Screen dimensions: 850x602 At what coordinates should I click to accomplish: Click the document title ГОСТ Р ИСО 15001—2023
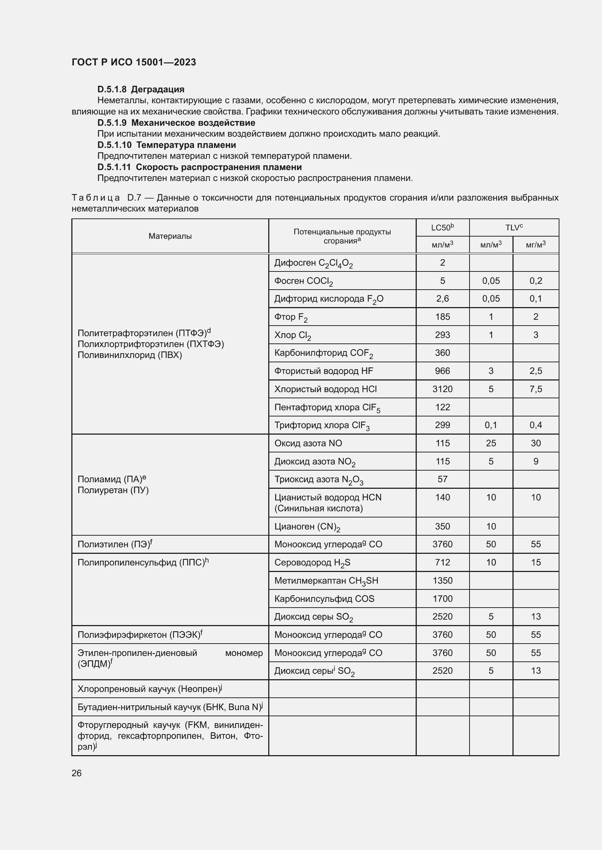[134, 62]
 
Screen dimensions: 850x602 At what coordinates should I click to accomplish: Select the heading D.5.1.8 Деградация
[141, 89]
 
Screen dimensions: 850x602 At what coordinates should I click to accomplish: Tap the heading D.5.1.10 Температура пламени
[167, 145]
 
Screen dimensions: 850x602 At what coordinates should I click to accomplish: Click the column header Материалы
[170, 236]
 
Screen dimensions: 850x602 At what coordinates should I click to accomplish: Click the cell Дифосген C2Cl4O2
[314, 263]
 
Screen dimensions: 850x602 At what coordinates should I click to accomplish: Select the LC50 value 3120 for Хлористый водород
[442, 389]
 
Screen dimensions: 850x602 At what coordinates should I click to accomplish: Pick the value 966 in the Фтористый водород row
[442, 371]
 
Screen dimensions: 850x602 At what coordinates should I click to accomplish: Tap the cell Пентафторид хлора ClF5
[327, 408]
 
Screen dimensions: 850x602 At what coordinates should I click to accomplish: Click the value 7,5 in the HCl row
[536, 389]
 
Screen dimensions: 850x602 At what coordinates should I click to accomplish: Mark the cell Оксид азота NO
[308, 443]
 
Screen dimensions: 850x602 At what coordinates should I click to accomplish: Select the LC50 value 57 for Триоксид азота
[442, 479]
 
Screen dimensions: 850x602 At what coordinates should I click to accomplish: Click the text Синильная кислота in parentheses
[318, 508]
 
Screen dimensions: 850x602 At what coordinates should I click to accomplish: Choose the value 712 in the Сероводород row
[442, 562]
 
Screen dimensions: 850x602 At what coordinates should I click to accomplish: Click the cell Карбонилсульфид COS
[324, 599]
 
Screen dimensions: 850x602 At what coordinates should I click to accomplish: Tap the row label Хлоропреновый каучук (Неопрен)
[149, 689]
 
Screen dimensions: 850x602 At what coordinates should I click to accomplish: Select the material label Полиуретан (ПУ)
[113, 490]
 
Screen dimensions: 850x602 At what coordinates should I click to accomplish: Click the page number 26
[77, 773]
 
